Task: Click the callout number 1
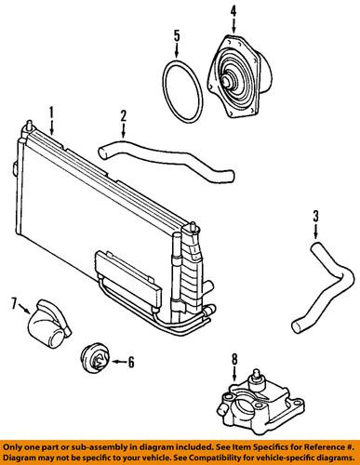click(x=52, y=111)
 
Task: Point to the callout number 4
click(x=233, y=12)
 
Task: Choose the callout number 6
click(x=131, y=363)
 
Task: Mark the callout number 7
click(x=13, y=302)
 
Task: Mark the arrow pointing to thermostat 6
click(x=116, y=362)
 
